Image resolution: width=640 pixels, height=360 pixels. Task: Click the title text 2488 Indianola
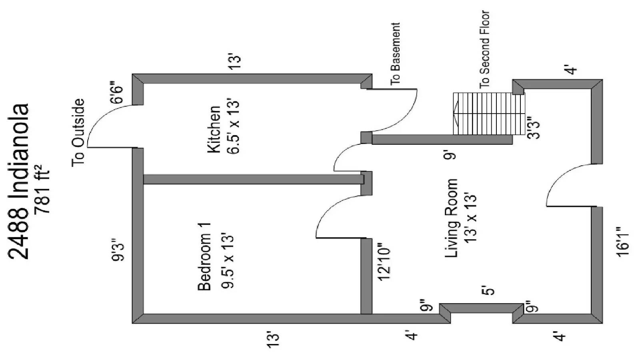[19, 182]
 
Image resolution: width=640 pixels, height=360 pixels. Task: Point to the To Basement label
[395, 53]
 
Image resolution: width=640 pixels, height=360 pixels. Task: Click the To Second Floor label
[485, 49]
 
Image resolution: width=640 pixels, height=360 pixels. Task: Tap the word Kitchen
[214, 129]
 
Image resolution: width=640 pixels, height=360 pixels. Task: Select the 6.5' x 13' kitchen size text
[234, 127]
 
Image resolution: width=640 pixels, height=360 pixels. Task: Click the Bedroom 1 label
[204, 256]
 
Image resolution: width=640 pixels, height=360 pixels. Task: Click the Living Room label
[451, 218]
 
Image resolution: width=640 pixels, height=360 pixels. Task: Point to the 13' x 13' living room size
[471, 218]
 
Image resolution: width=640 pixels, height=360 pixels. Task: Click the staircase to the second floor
[488, 114]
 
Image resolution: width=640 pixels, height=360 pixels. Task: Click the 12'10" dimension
[384, 262]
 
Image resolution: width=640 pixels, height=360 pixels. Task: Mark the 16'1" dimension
[623, 242]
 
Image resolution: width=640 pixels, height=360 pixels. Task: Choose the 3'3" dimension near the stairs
[534, 128]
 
